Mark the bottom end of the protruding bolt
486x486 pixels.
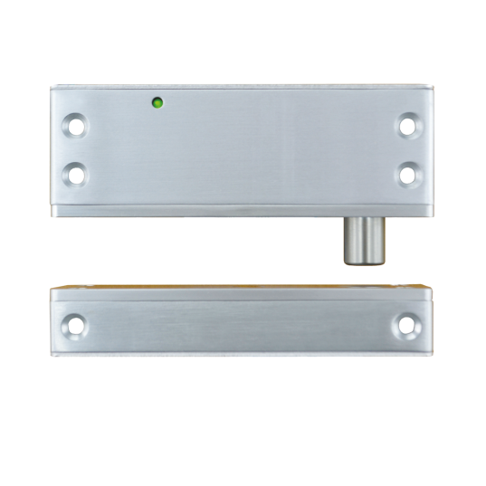pyautogui.click(x=362, y=263)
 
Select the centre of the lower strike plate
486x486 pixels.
pyautogui.click(x=243, y=326)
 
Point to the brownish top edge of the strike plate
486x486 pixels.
pyautogui.click(x=243, y=291)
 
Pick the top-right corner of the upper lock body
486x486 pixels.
pyautogui.click(x=432, y=85)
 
